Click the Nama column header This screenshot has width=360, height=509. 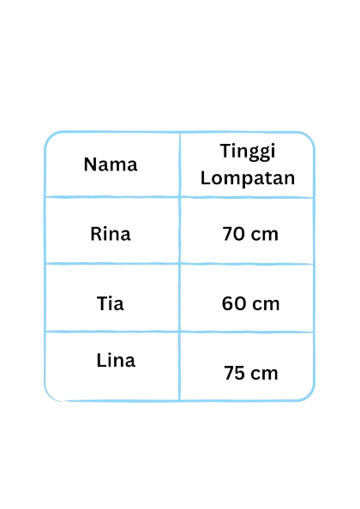[x=111, y=165]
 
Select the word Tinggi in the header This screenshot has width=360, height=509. [x=248, y=152]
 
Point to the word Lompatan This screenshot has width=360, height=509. [x=248, y=178]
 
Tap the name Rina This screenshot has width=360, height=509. [x=111, y=234]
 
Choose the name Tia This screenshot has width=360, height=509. [x=111, y=303]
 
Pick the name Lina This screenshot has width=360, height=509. [x=116, y=360]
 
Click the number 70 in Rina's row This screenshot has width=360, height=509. [x=233, y=234]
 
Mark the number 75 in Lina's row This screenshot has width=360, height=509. [x=234, y=373]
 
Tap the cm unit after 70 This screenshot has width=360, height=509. [x=265, y=235]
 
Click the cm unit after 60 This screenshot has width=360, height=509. [x=266, y=305]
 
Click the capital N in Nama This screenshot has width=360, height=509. [x=90, y=165]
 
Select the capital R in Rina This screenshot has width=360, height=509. [x=96, y=234]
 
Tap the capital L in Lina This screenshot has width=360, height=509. [x=101, y=360]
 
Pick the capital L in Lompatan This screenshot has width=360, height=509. [x=206, y=177]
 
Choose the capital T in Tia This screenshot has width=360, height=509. [x=102, y=303]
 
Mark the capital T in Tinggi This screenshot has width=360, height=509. [x=226, y=151]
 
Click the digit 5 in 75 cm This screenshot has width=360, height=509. [x=239, y=373]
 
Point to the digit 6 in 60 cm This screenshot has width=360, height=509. [x=227, y=303]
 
